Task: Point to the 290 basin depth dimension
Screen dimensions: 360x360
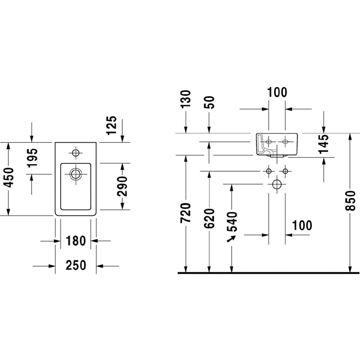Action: (122, 186)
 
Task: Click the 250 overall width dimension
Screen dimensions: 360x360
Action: (76, 265)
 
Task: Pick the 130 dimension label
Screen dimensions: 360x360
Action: (186, 99)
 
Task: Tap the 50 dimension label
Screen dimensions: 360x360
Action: (210, 102)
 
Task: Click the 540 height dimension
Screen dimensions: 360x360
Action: (232, 222)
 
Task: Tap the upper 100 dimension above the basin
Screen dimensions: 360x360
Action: (276, 92)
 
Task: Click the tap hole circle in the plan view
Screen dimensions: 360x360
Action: (75, 153)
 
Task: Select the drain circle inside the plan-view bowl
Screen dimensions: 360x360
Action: (75, 174)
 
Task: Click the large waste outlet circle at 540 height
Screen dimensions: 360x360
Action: (277, 184)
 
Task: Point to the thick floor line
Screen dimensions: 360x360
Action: (268, 273)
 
